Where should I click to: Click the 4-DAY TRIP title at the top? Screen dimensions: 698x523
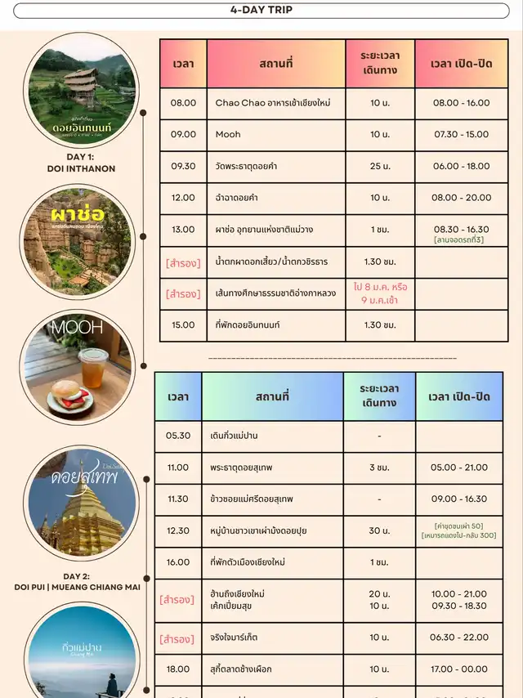[261, 11]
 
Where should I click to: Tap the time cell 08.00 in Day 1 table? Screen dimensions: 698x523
[183, 103]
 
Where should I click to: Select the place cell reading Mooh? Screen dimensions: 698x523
[228, 134]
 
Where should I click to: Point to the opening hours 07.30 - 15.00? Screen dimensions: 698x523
[462, 134]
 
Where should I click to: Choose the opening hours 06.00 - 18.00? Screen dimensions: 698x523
[462, 166]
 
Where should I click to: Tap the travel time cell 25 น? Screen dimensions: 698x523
[380, 166]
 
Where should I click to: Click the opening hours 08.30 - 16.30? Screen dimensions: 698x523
[462, 230]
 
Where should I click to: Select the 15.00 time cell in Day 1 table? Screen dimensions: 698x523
[183, 324]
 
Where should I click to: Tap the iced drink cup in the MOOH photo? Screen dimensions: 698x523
[95, 367]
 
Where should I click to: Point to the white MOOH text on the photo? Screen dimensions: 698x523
[78, 328]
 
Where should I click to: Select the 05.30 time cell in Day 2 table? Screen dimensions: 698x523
[178, 436]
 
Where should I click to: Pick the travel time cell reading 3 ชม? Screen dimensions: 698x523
[379, 468]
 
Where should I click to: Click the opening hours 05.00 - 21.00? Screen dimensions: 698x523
[458, 468]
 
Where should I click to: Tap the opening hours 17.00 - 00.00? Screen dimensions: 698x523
[458, 669]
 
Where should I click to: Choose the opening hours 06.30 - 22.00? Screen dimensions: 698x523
[458, 638]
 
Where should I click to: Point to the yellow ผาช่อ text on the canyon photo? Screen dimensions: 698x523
[69, 215]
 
